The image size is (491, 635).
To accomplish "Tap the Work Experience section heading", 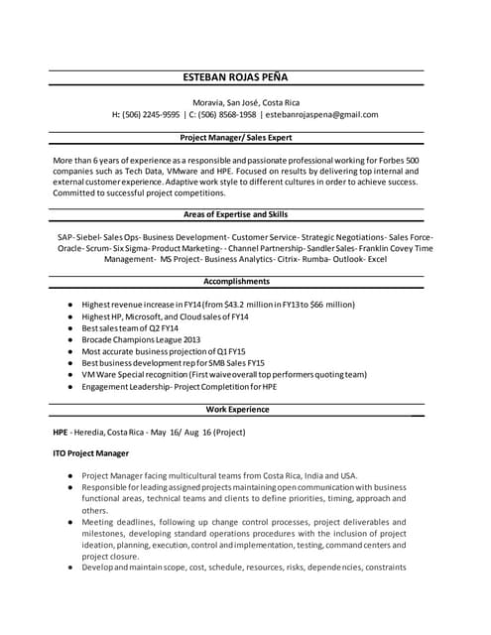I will (237, 409).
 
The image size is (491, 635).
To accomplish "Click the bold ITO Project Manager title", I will (91, 452).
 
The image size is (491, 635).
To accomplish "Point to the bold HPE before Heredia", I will (61, 433).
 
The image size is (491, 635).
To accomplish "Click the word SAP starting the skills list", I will (65, 237).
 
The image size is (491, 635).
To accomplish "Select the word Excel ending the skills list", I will (377, 259).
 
